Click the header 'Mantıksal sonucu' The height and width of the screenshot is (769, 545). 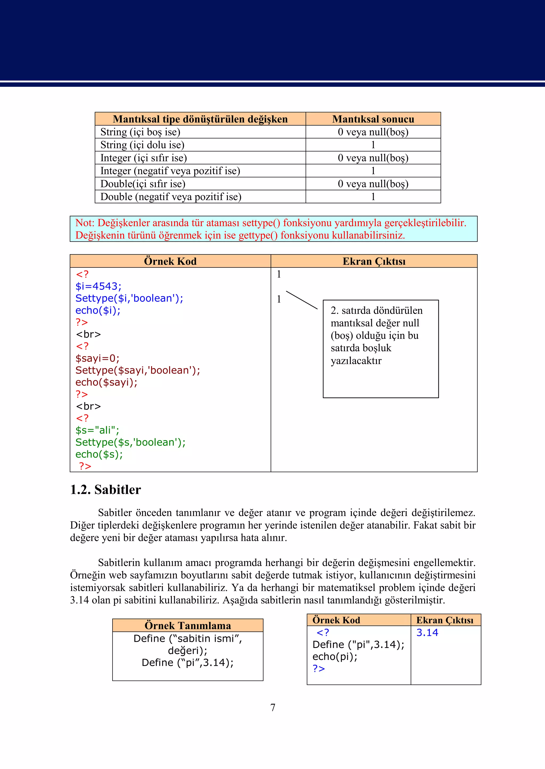pyautogui.click(x=373, y=119)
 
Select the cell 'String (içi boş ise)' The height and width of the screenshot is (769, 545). pyautogui.click(x=140, y=132)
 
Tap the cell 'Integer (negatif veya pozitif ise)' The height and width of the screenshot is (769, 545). pyautogui.click(x=170, y=171)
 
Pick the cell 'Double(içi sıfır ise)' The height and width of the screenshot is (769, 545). pyautogui.click(x=143, y=184)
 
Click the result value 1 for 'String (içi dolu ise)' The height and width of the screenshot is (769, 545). pyautogui.click(x=373, y=145)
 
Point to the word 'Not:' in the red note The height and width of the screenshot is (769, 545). pyautogui.click(x=85, y=223)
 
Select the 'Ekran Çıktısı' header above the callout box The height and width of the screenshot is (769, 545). pyautogui.click(x=374, y=261)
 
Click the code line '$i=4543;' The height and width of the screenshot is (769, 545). pyautogui.click(x=98, y=286)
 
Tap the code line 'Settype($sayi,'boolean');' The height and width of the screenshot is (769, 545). pyautogui.click(x=138, y=370)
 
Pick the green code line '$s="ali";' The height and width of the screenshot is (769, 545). pyautogui.click(x=97, y=430)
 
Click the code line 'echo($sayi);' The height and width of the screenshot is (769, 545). pyautogui.click(x=106, y=382)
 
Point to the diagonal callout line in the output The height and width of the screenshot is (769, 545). pyautogui.click(x=301, y=300)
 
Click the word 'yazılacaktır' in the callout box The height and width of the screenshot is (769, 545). pyautogui.click(x=356, y=361)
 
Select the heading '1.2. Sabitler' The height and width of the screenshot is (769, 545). pyautogui.click(x=105, y=490)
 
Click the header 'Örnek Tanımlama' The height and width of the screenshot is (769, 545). pyautogui.click(x=188, y=625)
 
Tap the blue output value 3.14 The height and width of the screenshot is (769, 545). pyautogui.click(x=427, y=632)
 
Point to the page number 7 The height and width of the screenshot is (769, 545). pyautogui.click(x=273, y=707)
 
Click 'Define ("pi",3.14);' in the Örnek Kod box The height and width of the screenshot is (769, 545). pyautogui.click(x=358, y=644)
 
